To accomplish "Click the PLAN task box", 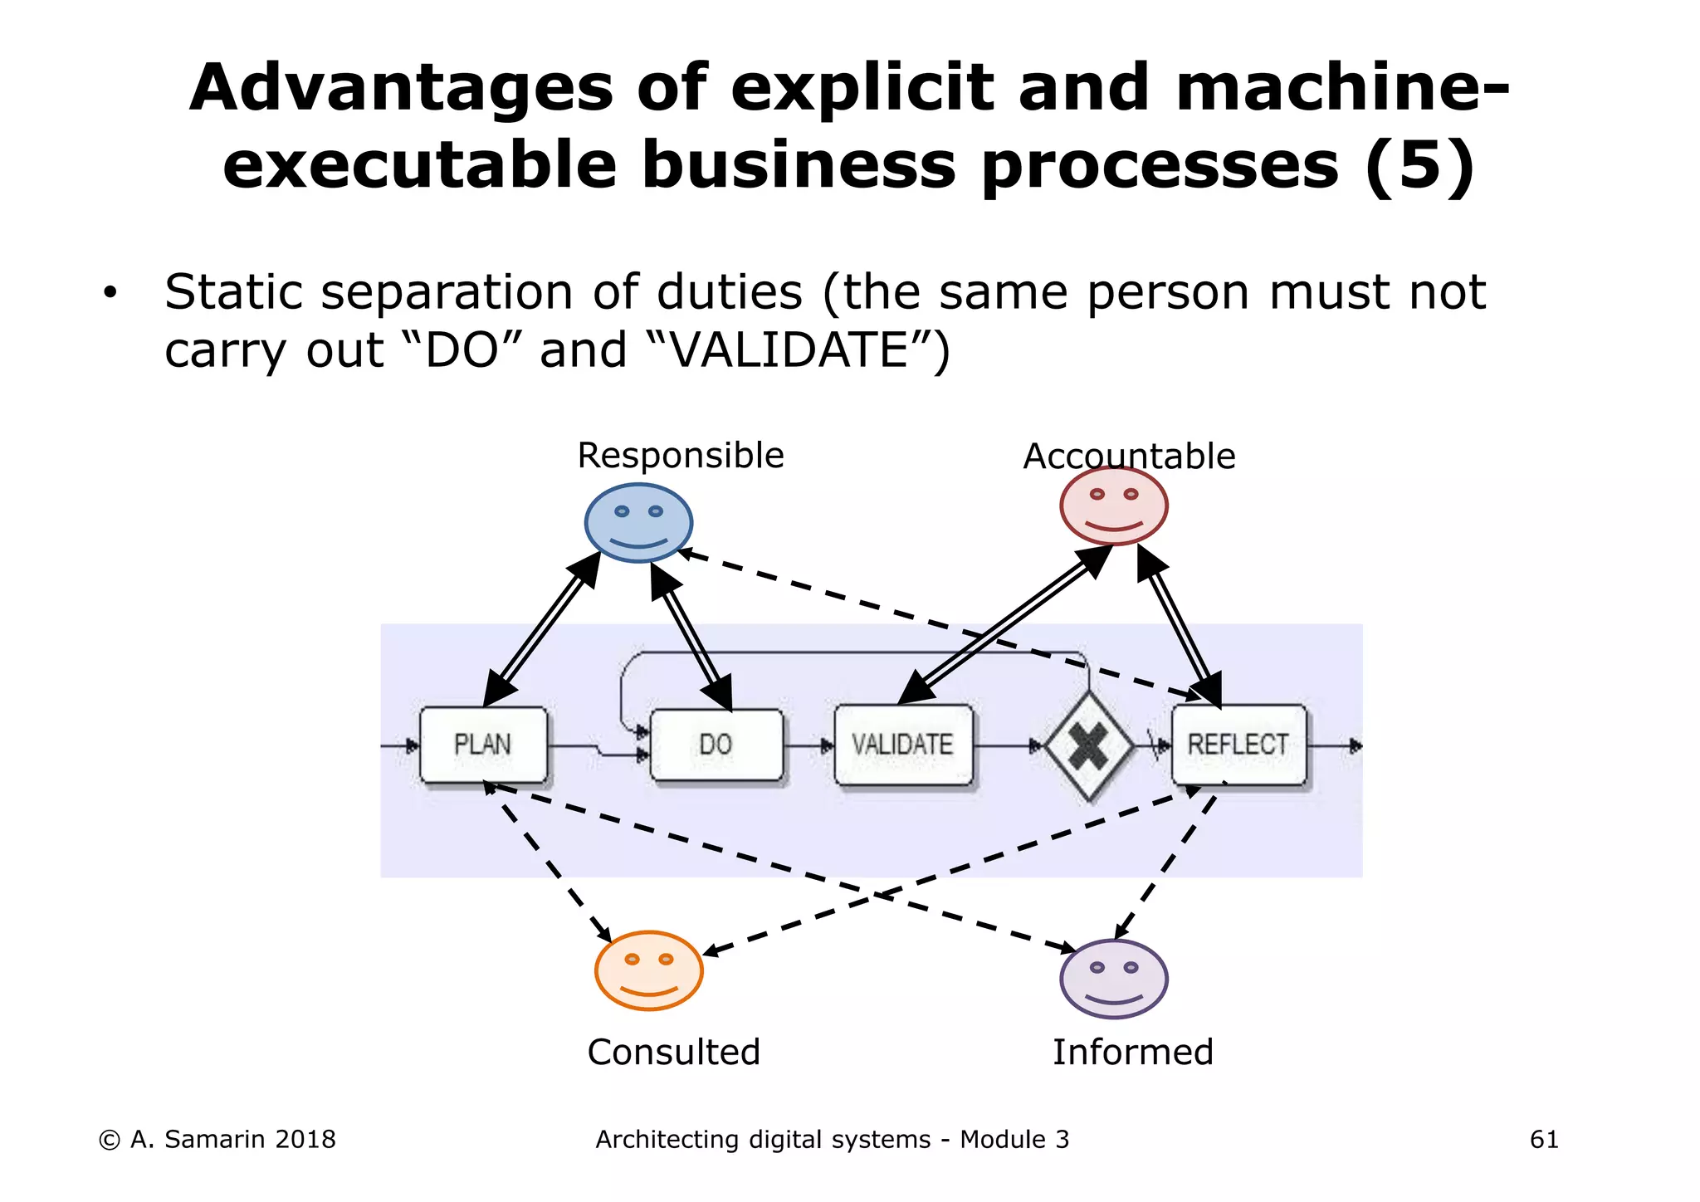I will tap(483, 745).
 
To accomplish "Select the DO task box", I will tap(716, 745).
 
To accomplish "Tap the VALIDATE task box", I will tap(903, 745).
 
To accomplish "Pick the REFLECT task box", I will tap(1238, 745).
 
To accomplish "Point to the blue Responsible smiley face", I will tap(638, 523).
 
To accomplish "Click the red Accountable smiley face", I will tap(1114, 506).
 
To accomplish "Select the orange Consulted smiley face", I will tap(649, 970).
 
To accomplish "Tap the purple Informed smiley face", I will tap(1114, 979).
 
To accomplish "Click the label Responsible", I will tap(681, 456).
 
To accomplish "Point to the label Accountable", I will tap(1129, 457).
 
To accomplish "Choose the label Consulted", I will tap(673, 1052).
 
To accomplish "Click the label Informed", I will tap(1133, 1052).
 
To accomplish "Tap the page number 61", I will tap(1544, 1140).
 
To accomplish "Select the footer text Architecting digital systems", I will tap(764, 1140).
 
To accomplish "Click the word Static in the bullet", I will tap(233, 292).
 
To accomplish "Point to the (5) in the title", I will tap(1419, 165).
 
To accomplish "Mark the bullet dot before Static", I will tap(110, 293).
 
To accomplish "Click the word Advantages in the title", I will tap(401, 88).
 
